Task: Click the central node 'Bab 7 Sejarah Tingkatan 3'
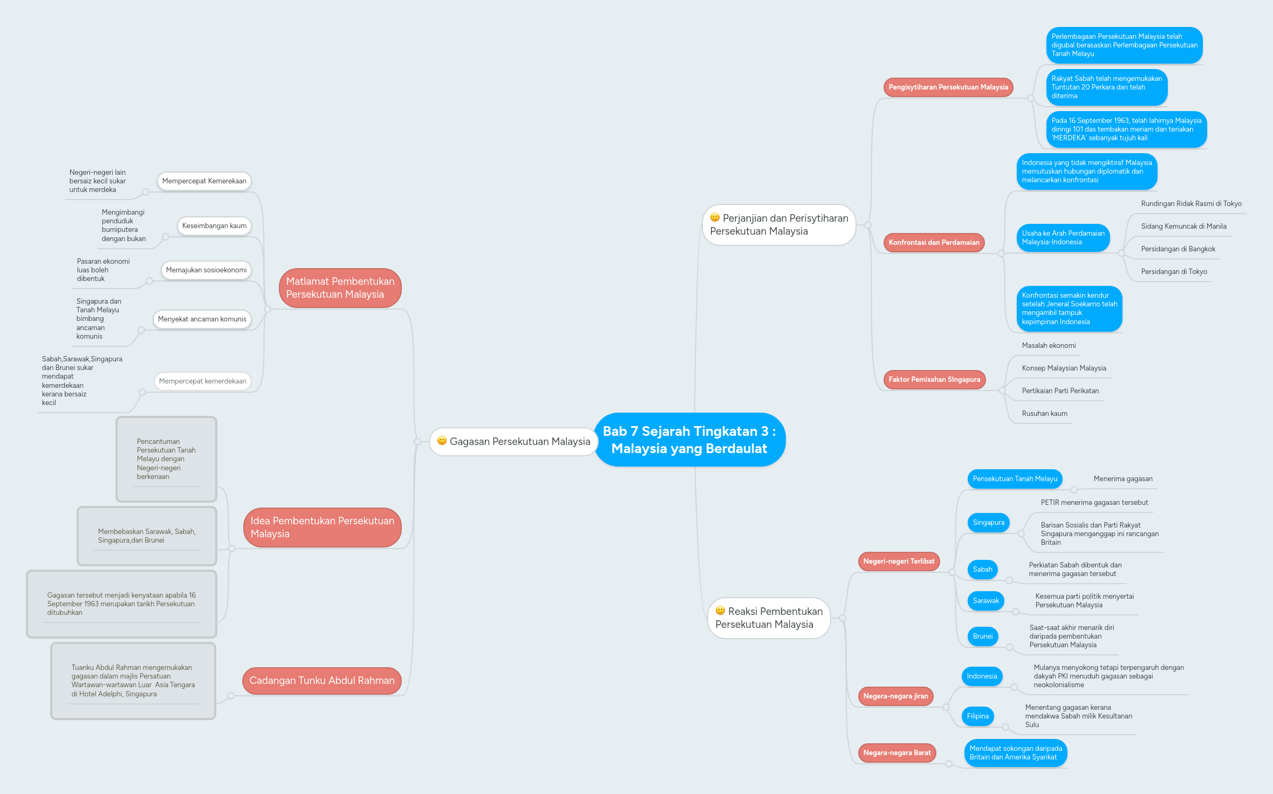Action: pos(689,440)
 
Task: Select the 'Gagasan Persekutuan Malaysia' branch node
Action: pos(514,442)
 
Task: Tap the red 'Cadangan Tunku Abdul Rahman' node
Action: pos(322,681)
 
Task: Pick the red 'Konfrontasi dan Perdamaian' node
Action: pos(934,243)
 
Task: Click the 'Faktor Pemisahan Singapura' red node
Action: pos(934,380)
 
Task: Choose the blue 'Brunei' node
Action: pos(982,636)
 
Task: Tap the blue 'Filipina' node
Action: pos(977,716)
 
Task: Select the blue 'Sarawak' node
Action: pos(985,601)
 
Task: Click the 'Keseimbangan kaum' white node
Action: pos(214,226)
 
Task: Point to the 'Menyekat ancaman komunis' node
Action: pos(202,319)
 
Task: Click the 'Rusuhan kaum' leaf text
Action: pos(1044,414)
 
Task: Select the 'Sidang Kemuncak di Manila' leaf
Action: pos(1183,227)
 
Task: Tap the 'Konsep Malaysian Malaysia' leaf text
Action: pos(1064,368)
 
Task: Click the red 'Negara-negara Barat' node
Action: pos(897,753)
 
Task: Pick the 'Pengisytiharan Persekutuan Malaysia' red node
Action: pos(948,87)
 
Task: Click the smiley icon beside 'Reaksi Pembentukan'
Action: pos(720,611)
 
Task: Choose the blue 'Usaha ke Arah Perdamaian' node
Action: pos(1063,238)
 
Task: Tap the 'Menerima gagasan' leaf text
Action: pos(1123,479)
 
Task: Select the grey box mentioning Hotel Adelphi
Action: pos(133,681)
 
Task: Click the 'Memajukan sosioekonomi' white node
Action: pos(206,270)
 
